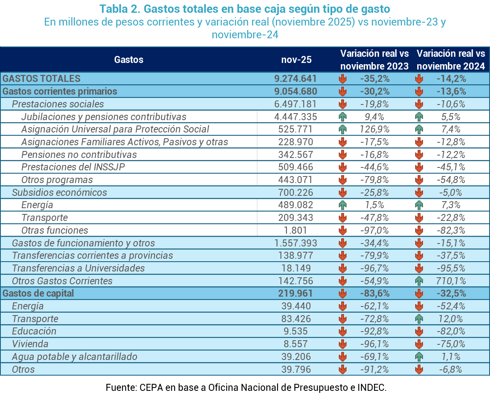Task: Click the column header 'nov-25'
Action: [296, 60]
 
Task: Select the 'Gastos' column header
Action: [129, 60]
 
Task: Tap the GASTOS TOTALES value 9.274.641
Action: [296, 79]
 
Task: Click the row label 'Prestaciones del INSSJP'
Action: [73, 167]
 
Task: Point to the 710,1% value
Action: [451, 281]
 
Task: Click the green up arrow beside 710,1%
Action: [419, 281]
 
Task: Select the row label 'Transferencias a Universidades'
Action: [79, 268]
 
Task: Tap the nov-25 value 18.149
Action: [296, 268]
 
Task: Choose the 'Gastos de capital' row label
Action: [38, 293]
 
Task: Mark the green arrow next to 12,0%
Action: [419, 319]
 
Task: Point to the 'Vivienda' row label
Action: [30, 344]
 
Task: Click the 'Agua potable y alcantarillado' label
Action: [74, 357]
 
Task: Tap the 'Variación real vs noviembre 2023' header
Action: [374, 60]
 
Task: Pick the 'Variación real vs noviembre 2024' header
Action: [451, 60]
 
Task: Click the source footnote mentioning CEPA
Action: [246, 388]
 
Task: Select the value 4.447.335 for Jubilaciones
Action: [296, 117]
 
